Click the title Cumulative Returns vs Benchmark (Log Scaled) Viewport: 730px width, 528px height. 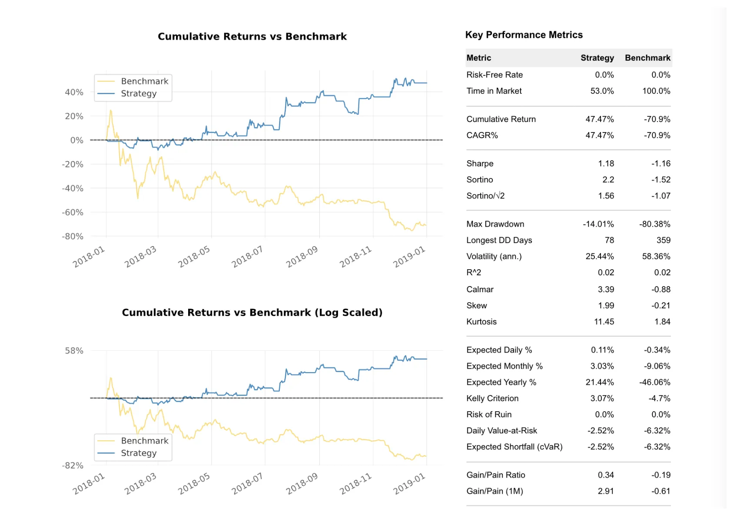(252, 313)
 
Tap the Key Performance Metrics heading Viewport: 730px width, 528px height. (524, 35)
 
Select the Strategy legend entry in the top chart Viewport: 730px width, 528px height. (139, 93)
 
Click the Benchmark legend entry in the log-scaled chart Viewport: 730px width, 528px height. (144, 441)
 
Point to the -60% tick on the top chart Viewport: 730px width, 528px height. (73, 212)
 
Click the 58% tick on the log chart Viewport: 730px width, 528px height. (74, 350)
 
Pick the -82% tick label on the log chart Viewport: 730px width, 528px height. (73, 465)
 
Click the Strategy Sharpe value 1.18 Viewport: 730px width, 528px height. (606, 163)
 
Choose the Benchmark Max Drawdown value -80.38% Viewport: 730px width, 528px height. (654, 224)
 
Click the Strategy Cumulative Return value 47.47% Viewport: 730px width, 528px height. (600, 119)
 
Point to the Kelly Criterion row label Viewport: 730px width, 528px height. (492, 398)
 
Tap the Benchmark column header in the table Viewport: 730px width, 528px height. (647, 58)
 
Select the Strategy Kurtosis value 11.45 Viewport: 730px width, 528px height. (604, 322)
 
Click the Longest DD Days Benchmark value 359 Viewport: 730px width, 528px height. (663, 240)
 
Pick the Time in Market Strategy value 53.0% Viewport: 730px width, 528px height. (602, 91)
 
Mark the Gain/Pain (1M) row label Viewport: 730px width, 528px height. (494, 491)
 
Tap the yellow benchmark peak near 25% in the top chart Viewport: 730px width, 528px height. (111, 111)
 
